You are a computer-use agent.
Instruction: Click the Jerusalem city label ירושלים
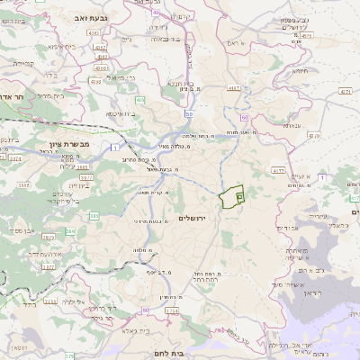pos(193,219)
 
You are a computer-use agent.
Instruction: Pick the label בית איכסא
pos(122,114)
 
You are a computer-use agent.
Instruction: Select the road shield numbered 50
pos(187,114)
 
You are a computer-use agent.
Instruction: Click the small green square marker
pos(238,195)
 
